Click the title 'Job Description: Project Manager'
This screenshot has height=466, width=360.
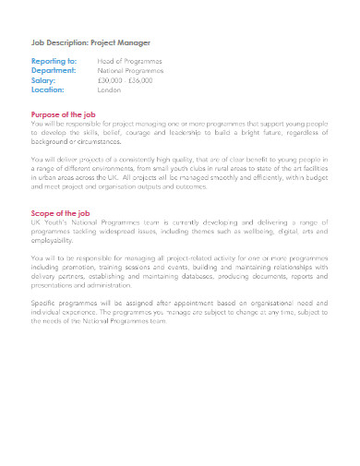coord(90,42)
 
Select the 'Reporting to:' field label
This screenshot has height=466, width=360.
coord(54,61)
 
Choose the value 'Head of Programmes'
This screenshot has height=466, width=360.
coord(129,61)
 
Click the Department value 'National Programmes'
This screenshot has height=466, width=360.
coord(131,69)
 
